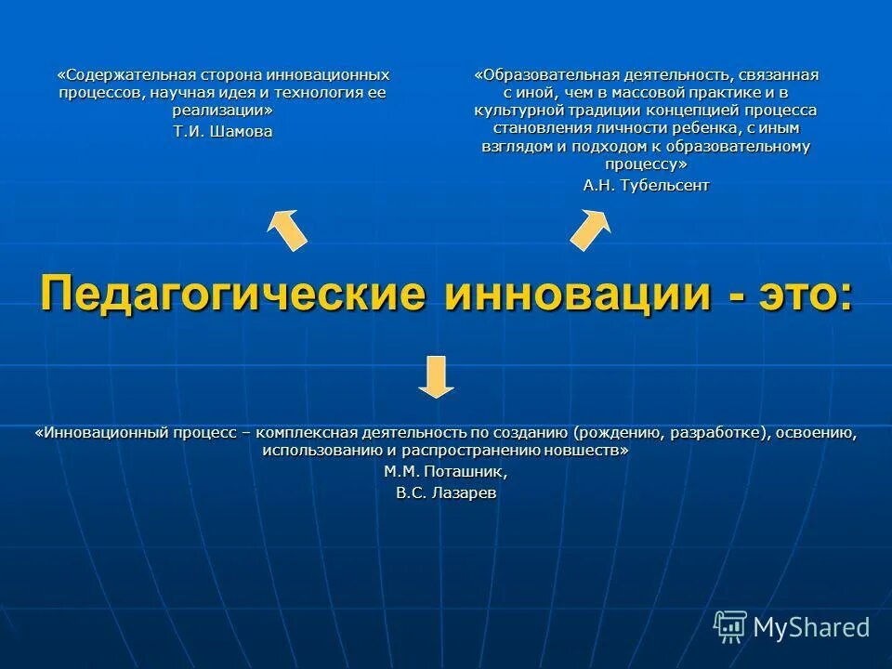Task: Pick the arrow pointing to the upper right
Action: (590, 230)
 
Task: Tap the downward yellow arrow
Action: (437, 376)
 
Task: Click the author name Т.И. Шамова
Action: (223, 131)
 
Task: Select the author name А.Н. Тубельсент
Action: (646, 185)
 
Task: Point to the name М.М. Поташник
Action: (446, 471)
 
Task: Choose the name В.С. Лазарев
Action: (446, 493)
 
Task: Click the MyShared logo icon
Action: (730, 626)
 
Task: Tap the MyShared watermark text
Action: (811, 627)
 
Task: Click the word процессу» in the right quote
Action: (646, 164)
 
